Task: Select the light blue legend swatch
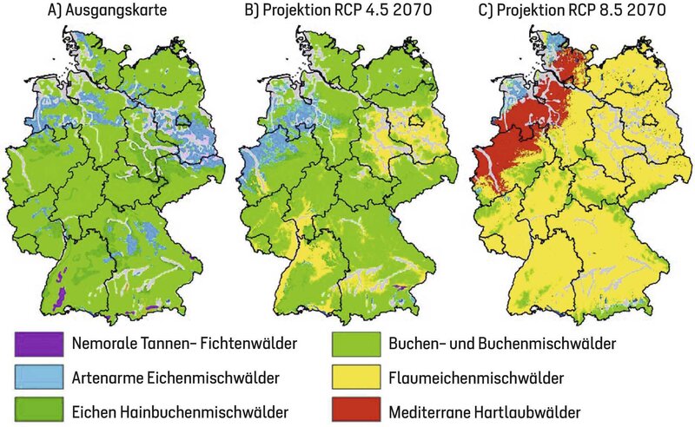tap(38, 378)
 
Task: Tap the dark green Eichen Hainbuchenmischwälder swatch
tap(38, 411)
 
